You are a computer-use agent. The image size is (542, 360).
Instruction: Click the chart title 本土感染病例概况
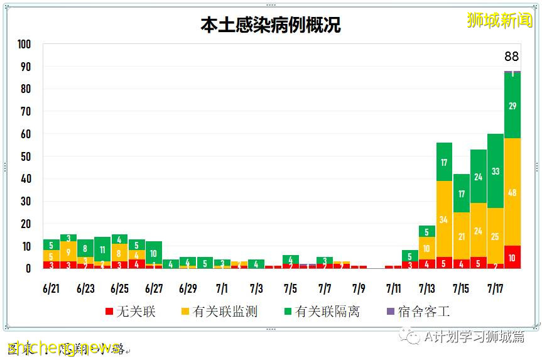point(271,25)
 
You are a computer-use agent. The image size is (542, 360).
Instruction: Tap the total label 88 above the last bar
point(512,57)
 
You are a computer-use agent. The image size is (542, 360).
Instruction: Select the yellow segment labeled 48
point(512,192)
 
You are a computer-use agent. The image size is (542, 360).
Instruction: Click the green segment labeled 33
point(496,171)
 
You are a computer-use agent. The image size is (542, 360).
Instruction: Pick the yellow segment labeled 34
point(445,219)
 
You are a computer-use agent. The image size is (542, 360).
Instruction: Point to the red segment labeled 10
point(512,257)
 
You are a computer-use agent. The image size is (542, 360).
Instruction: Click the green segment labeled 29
point(512,106)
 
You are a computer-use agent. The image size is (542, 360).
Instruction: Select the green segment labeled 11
point(102,249)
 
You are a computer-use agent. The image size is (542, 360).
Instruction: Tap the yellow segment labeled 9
point(68,253)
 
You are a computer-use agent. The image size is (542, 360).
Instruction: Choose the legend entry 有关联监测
point(219,312)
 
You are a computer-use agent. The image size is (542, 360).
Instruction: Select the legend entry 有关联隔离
point(321,312)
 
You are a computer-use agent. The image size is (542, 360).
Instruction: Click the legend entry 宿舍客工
point(417,312)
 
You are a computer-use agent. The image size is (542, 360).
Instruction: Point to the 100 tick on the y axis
point(24,45)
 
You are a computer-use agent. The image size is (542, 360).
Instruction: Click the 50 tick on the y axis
point(26,156)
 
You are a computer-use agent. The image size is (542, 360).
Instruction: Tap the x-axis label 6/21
point(51,289)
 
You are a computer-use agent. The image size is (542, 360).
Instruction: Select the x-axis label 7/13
point(427,289)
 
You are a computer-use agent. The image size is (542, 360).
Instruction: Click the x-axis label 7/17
point(496,289)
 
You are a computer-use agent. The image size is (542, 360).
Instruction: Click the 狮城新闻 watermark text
point(499,19)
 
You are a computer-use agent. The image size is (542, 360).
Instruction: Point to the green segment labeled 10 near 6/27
point(154,253)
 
